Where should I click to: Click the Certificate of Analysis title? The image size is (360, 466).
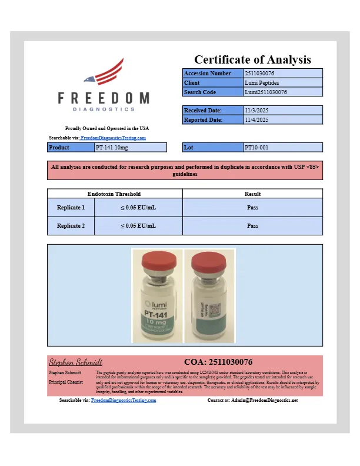(252, 59)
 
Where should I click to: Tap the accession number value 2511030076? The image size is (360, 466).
(259, 74)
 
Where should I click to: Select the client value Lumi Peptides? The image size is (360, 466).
(262, 83)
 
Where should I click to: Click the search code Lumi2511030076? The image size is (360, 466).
(265, 92)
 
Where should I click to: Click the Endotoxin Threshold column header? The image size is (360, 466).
(114, 194)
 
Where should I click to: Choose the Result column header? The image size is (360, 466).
(252, 194)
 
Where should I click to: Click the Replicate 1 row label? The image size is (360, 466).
(71, 207)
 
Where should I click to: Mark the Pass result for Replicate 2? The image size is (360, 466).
(252, 225)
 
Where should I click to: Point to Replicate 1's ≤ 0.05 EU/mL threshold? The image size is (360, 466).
(138, 207)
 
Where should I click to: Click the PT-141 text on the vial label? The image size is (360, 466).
(156, 316)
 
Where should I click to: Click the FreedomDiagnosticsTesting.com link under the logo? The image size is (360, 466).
(113, 138)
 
